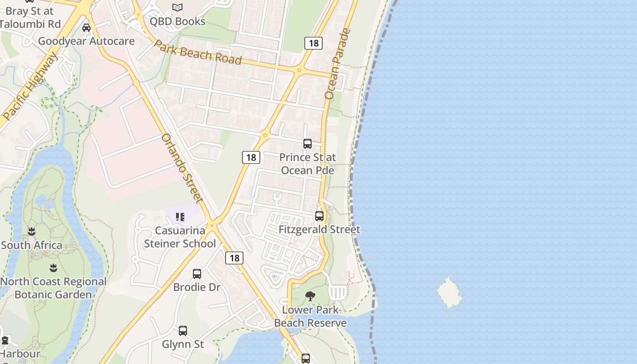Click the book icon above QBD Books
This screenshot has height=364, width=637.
177,7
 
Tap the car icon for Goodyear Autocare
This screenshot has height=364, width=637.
86,28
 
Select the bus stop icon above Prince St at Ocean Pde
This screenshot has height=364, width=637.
308,144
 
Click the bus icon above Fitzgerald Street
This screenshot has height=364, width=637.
319,216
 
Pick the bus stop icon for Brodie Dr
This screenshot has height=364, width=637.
197,274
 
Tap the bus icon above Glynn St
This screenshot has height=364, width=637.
183,331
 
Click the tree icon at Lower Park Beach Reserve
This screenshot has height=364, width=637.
310,297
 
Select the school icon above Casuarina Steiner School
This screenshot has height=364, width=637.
180,217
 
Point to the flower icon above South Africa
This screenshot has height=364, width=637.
31,232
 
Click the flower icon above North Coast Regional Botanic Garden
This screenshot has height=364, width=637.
53,268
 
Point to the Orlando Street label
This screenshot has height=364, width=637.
182,168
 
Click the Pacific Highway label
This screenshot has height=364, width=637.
31,86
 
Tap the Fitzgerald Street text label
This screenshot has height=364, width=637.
319,230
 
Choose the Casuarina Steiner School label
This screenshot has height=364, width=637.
180,237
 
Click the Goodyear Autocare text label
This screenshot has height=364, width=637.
86,41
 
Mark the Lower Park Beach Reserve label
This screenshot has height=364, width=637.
310,317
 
